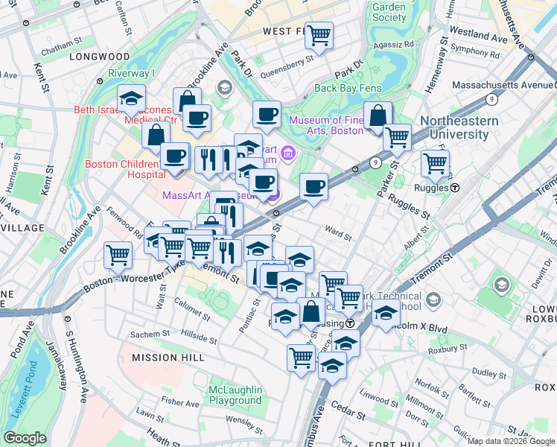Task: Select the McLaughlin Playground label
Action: tap(235, 395)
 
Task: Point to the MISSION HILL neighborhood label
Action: tap(168, 358)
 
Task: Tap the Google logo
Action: tap(25, 438)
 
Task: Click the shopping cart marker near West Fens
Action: tap(319, 34)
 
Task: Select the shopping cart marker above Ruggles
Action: tap(435, 162)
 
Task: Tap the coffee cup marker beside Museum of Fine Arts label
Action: tap(267, 115)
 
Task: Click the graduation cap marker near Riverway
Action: tap(130, 98)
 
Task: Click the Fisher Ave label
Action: tap(180, 402)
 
